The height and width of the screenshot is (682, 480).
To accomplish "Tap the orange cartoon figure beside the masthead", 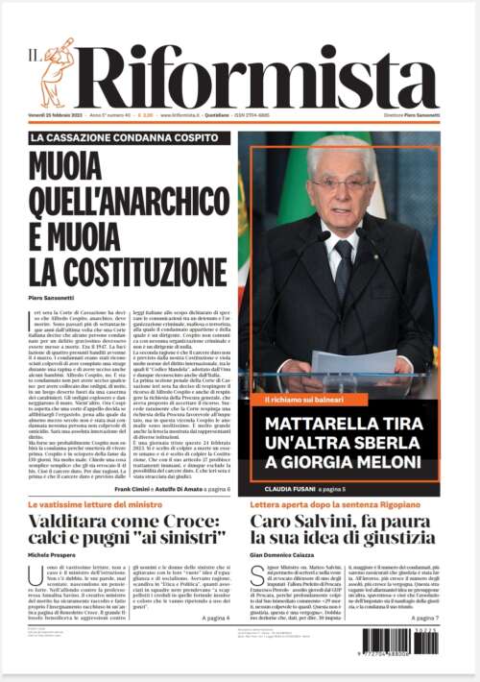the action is pos(57,71).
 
